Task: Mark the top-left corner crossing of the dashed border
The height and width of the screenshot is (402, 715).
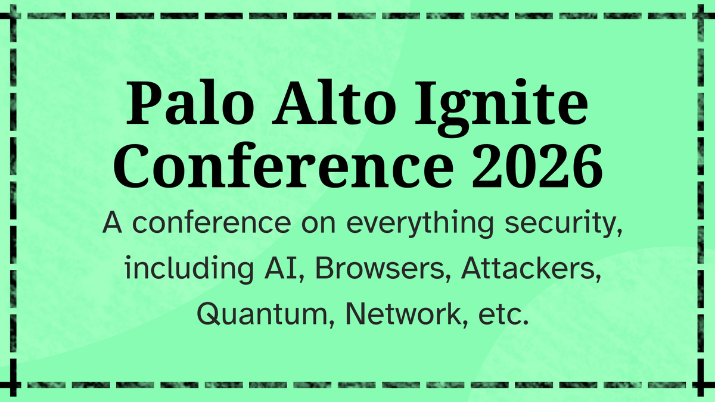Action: [13, 16]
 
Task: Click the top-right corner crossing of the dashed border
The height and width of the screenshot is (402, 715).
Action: [701, 16]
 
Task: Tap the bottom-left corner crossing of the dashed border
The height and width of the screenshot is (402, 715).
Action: [13, 385]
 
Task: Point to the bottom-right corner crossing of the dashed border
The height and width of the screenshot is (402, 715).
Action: [701, 385]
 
